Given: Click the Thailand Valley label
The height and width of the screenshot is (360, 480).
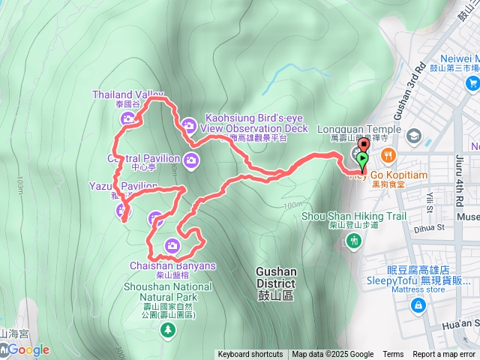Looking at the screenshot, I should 127,94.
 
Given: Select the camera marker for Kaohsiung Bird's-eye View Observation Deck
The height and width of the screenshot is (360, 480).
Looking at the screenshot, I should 190,124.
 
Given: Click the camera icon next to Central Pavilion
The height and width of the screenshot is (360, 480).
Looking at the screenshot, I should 191,158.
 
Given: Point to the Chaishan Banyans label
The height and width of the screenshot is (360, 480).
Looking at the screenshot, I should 172,265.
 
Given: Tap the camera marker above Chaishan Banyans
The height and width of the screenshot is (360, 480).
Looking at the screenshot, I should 172,245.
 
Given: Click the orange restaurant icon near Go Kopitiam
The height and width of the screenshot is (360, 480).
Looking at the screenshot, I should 388,156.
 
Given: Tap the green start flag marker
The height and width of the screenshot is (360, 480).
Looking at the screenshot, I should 364,159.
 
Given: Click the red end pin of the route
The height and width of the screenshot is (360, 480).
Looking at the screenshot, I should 363,145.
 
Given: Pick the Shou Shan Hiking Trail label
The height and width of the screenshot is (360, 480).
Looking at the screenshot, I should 354,217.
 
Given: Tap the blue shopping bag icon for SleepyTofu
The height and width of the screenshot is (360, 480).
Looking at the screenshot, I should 418,304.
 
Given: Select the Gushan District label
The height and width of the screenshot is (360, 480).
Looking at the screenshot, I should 276,277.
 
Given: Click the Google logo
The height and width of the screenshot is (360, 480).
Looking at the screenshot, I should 28,349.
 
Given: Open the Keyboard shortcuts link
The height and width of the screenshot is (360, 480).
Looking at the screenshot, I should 250,355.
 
